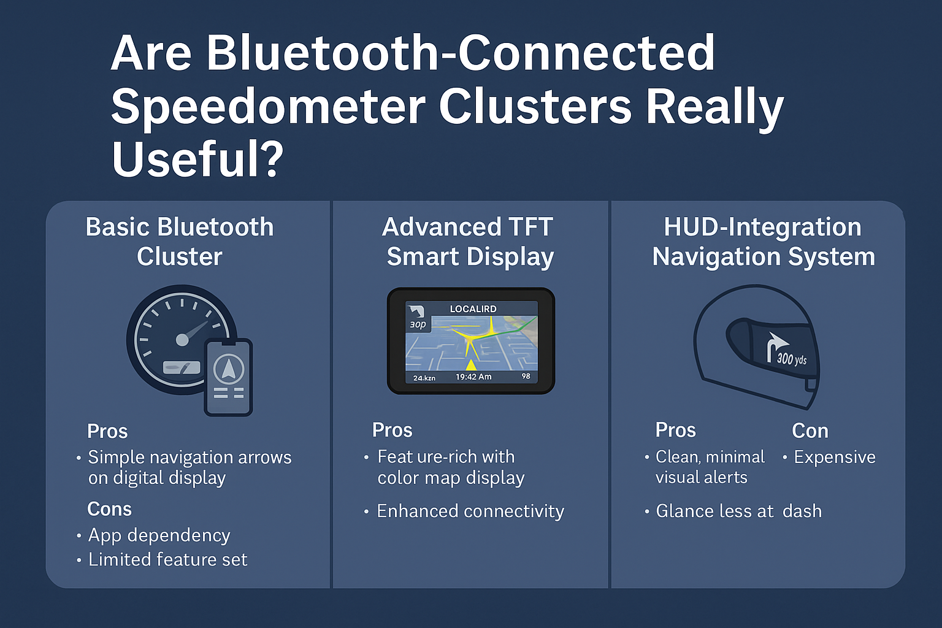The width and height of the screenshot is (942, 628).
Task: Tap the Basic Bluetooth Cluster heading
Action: [x=180, y=242]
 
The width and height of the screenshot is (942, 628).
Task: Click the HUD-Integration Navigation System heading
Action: [x=764, y=242]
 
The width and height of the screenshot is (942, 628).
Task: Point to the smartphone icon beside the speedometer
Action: [x=228, y=377]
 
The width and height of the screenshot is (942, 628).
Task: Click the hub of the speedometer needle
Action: [x=182, y=340]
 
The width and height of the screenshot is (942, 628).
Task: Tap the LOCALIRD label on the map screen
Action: [x=473, y=308]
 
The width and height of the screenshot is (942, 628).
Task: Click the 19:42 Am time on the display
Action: [x=473, y=377]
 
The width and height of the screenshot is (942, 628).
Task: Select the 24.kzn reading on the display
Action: [x=424, y=378]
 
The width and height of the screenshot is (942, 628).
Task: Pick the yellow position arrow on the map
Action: [x=472, y=364]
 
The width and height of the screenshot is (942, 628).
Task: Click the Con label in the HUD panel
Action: [x=810, y=431]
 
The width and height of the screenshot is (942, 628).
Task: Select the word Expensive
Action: [x=834, y=458]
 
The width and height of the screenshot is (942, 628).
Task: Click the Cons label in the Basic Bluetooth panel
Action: [x=109, y=509]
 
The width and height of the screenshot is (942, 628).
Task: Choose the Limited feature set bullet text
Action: [x=168, y=559]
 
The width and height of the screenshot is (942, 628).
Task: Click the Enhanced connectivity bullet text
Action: [x=470, y=511]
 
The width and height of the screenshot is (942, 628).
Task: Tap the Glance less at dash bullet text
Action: [x=738, y=511]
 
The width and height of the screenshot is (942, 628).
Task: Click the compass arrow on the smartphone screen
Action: [x=228, y=369]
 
